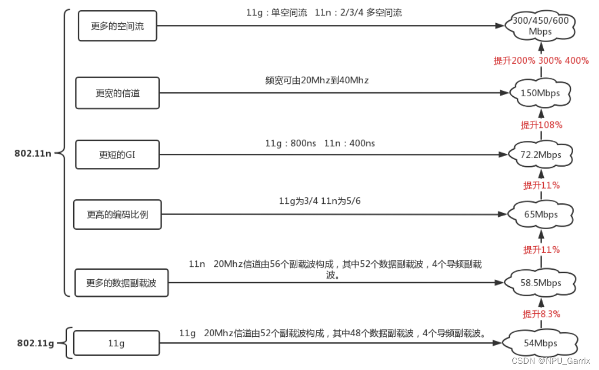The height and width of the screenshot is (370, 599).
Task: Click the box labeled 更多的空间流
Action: click(x=117, y=26)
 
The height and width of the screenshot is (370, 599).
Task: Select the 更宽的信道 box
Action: click(x=117, y=93)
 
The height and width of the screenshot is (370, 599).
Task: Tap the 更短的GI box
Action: click(x=117, y=154)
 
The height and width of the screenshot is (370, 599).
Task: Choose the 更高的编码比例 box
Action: click(x=117, y=215)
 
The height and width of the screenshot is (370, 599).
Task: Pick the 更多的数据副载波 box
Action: click(x=121, y=283)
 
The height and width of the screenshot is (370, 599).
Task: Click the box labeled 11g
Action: click(x=117, y=343)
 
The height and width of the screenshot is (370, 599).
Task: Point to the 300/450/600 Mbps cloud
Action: click(x=540, y=26)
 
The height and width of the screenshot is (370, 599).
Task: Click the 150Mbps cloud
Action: click(x=540, y=93)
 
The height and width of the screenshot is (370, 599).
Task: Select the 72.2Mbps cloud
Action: click(x=540, y=154)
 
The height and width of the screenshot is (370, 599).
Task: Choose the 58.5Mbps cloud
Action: click(x=540, y=283)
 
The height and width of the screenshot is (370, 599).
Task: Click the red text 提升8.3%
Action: click(x=542, y=314)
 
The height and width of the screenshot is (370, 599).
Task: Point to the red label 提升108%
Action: click(x=542, y=125)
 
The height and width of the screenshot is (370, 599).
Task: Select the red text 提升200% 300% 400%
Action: click(x=541, y=61)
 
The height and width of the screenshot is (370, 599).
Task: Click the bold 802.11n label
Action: click(x=33, y=153)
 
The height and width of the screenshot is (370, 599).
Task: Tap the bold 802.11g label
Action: click(x=35, y=343)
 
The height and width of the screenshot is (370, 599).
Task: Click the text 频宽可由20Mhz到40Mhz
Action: click(x=317, y=81)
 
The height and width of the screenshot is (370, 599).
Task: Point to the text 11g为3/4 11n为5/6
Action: click(x=320, y=201)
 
